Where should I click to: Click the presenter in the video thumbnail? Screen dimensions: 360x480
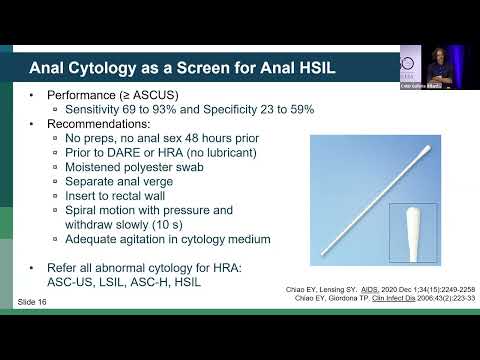click(x=440, y=66)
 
